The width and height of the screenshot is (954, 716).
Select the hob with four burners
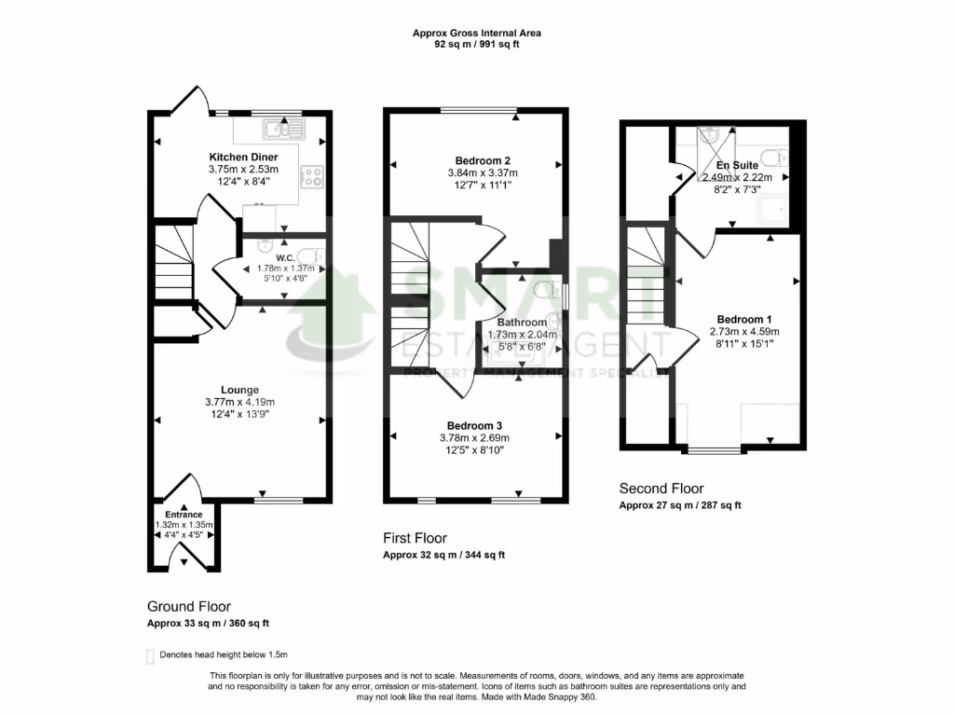pos(311,177)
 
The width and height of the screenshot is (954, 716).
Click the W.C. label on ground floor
pos(272,257)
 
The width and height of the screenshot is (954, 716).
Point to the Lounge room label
pos(239,390)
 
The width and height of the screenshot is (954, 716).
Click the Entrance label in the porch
pos(184,515)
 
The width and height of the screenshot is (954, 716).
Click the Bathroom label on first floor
pos(522,323)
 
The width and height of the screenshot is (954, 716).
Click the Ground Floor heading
pos(189,606)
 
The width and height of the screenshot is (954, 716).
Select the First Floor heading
pos(416,538)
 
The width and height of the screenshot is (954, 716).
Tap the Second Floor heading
pos(661,489)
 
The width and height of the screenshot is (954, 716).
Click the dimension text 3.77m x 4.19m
pos(239,402)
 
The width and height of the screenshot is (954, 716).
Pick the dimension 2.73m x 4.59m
pos(744,331)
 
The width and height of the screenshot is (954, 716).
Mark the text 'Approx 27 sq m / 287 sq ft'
pos(680,505)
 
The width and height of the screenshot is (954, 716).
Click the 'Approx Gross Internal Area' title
pos(477,33)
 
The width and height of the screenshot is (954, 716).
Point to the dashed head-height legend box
pos(151,655)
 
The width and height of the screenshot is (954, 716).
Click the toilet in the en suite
pos(772,156)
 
